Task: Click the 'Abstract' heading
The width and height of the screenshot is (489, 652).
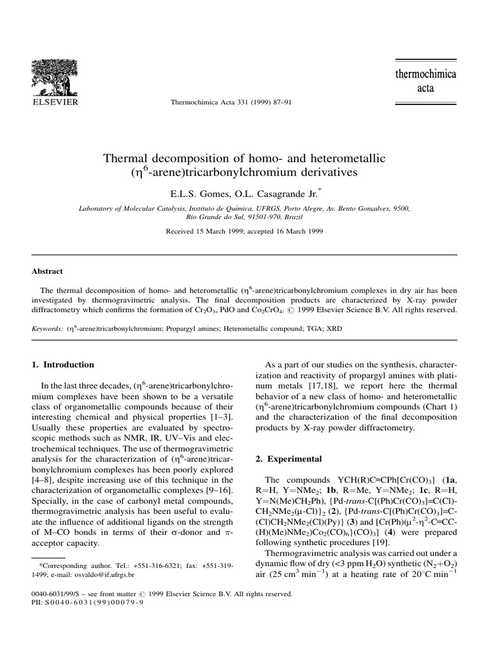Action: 47,271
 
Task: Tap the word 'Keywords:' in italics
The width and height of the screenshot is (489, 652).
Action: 48,329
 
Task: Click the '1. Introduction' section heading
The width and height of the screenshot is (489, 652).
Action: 63,365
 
